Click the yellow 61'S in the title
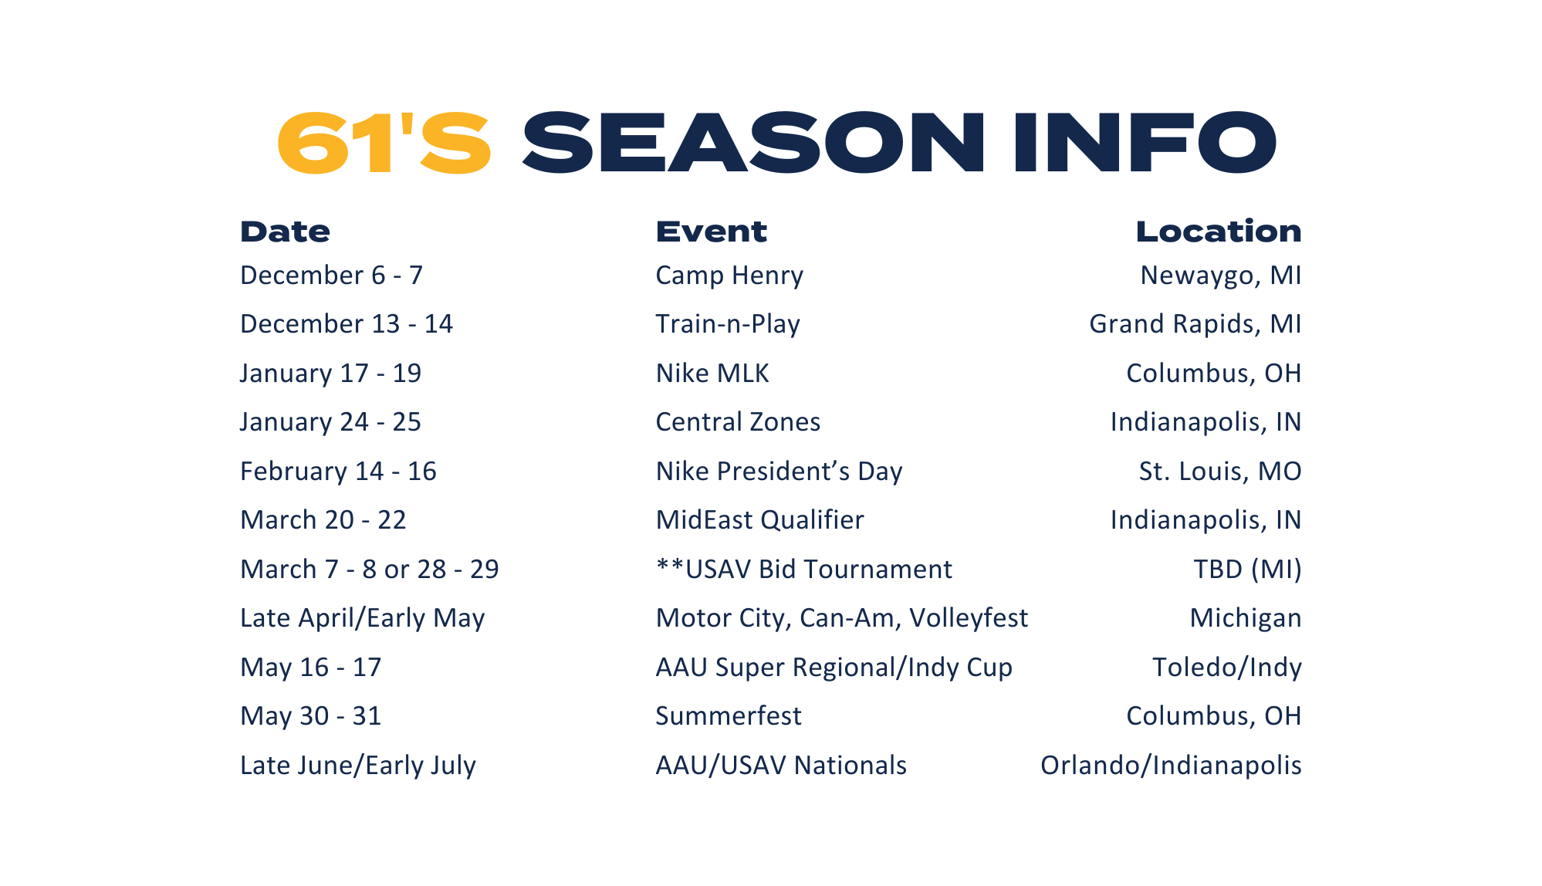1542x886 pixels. (384, 143)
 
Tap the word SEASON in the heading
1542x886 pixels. (753, 143)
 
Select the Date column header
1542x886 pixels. (285, 232)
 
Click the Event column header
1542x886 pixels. (711, 232)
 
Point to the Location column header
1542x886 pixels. (1219, 232)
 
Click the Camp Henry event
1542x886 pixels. (729, 276)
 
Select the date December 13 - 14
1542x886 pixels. (347, 324)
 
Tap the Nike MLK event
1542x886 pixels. (712, 374)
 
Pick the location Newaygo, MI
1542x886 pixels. (1221, 276)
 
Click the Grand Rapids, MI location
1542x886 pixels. (1195, 324)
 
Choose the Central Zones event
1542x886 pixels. (738, 422)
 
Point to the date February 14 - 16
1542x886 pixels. (338, 472)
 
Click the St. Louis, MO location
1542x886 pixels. (1220, 472)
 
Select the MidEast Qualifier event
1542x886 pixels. (759, 520)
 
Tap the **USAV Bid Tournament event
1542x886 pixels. (804, 570)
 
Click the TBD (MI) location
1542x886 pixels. (1247, 570)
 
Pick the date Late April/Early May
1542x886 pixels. (363, 619)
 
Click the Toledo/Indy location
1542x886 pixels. (1227, 668)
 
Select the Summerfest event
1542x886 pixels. (729, 716)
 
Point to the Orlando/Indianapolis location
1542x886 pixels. (1171, 766)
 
